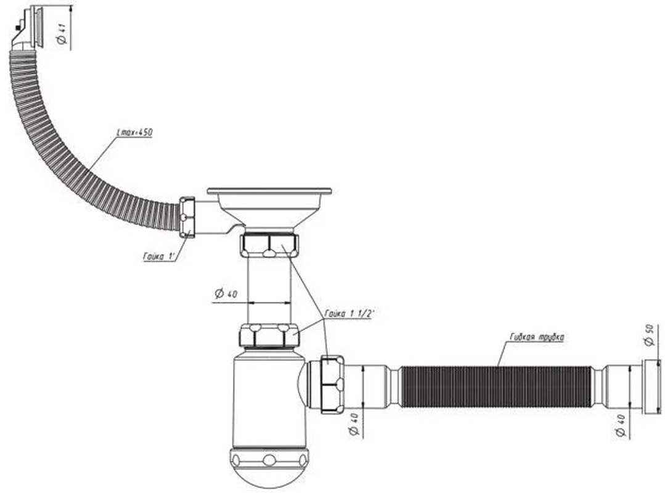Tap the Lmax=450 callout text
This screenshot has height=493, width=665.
pos(134,132)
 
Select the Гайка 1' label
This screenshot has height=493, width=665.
pos(160,256)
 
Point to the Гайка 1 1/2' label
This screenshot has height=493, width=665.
pos(349,314)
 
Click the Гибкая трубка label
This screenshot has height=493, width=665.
pos(536,338)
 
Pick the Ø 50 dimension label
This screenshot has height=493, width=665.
pos(650,335)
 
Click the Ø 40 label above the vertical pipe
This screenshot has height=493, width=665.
pos(226,293)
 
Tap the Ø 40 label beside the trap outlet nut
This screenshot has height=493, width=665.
pos(354,425)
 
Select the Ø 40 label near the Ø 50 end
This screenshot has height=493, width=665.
pos(621,426)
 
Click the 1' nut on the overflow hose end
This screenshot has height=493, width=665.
pos(187,217)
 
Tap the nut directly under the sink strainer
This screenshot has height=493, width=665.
pos(269,245)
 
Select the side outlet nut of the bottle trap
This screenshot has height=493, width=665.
pos(332,385)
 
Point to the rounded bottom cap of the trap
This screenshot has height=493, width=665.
pos(269,467)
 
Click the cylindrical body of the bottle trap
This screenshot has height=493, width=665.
pos(269,401)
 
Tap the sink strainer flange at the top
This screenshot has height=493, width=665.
pos(269,192)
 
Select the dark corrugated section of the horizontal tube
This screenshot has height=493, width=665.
pos(496,387)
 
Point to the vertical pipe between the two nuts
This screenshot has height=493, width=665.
pos(269,291)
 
